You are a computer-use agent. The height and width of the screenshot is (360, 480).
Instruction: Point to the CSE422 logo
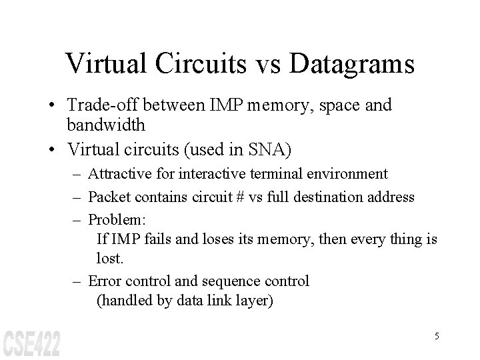(31, 342)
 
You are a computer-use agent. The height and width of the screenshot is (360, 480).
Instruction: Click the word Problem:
(113, 219)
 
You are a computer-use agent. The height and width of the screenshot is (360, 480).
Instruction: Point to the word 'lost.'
(111, 257)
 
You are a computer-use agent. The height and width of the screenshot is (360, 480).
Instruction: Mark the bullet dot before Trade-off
(52, 107)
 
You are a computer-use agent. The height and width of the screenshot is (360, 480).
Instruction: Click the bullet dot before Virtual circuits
(52, 145)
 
